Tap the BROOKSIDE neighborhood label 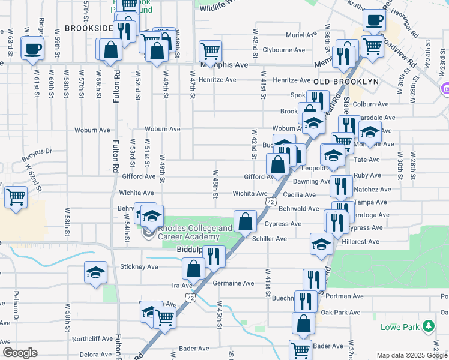pyautogui.click(x=89, y=28)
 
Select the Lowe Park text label pyautogui.click(x=400, y=327)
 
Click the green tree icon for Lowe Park pyautogui.click(x=428, y=326)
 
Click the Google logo pyautogui.click(x=20, y=353)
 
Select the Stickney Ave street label pyautogui.click(x=139, y=266)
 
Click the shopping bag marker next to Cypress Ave pyautogui.click(x=245, y=221)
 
